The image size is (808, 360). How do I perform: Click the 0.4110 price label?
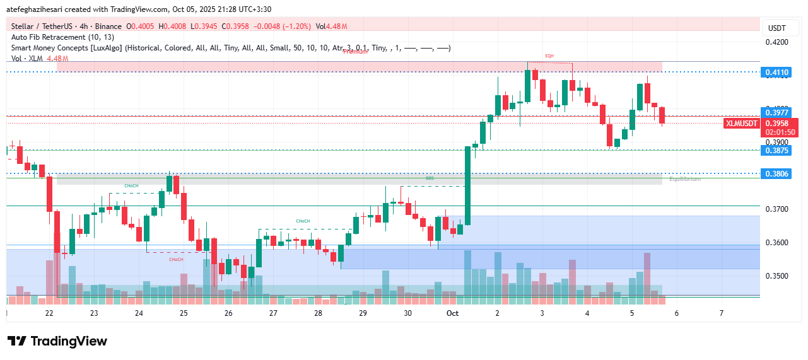[x=776, y=73]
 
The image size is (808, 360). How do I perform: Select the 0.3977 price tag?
[x=776, y=112]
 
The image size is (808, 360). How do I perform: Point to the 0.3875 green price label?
[x=776, y=150]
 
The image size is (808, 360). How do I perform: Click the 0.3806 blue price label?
[x=776, y=173]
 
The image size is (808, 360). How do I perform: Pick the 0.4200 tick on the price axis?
[x=776, y=42]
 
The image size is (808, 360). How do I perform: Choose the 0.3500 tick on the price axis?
[x=776, y=276]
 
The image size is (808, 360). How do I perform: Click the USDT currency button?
[x=776, y=28]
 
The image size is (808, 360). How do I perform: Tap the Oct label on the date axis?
[x=452, y=313]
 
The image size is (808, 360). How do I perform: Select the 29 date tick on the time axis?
[x=363, y=313]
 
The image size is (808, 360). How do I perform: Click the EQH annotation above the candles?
[x=549, y=56]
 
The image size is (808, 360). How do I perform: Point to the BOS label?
[x=430, y=178]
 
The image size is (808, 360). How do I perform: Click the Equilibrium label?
[x=684, y=179]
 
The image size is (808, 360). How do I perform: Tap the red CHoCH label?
[x=176, y=259]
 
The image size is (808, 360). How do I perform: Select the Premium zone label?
[x=355, y=52]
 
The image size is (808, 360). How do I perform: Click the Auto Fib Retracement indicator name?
[x=62, y=37]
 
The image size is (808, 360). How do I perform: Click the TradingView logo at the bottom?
[x=57, y=341]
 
